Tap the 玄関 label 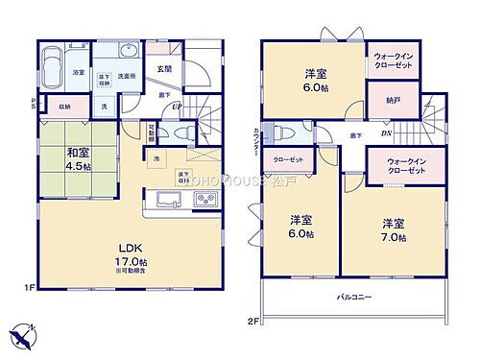[x=164, y=68]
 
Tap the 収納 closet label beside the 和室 [x=64, y=108]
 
